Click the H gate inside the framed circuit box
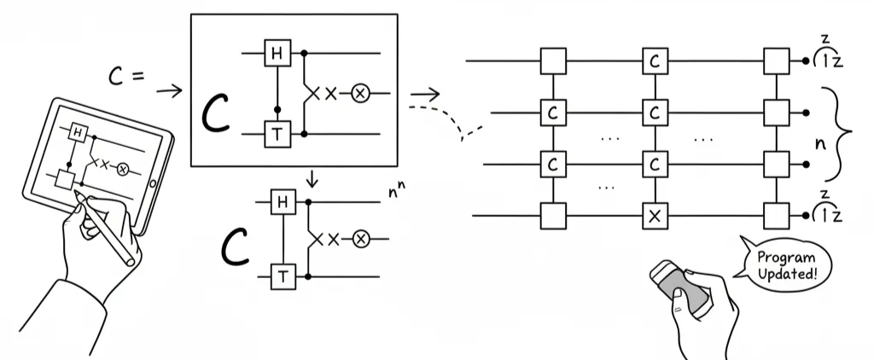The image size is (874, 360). coord(277,53)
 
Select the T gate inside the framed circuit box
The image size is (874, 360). coord(277,134)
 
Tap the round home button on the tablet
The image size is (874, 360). coord(153,183)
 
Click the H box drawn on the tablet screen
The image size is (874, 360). coord(79,132)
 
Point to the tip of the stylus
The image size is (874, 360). coord(78,196)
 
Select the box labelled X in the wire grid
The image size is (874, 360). coord(655,217)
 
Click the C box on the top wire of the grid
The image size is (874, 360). coord(655,63)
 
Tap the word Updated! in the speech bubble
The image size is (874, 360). coord(785,274)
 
